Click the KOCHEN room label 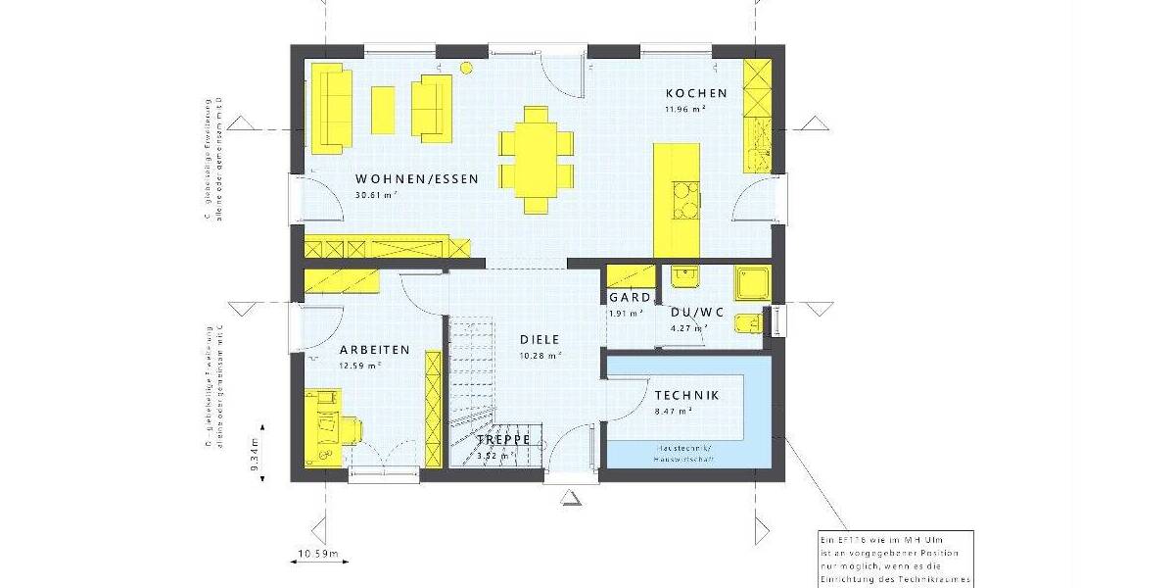point(696,93)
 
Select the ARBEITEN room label point(374,350)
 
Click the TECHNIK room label point(686,395)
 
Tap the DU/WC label point(697,313)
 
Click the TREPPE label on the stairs point(503,440)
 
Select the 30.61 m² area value point(374,195)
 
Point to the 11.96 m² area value point(685,109)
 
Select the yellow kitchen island point(677,195)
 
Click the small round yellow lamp point(466,68)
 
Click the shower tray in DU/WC point(754,282)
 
